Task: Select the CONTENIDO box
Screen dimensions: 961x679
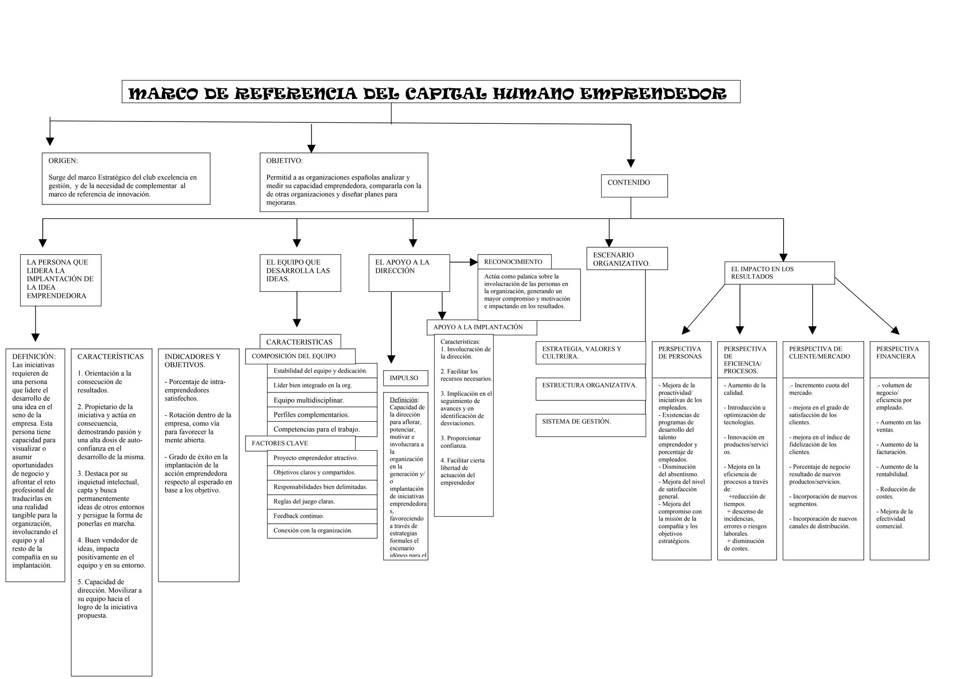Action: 634,186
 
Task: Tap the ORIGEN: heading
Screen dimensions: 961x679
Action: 63,161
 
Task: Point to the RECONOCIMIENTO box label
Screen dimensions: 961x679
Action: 513,262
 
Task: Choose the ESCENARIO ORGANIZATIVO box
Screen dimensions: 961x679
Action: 626,259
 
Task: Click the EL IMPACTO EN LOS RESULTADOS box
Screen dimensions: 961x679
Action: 779,273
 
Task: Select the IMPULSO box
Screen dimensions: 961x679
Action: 405,378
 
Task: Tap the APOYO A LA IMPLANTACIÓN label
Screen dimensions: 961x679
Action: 478,327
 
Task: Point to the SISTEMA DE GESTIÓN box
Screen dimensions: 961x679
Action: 590,425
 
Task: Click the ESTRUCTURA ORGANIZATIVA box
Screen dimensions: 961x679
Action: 590,389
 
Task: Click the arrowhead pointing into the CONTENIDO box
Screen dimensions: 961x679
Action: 631,163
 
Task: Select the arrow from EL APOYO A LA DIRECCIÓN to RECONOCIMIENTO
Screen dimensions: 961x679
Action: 464,262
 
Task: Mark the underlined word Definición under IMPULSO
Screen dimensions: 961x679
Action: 404,400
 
